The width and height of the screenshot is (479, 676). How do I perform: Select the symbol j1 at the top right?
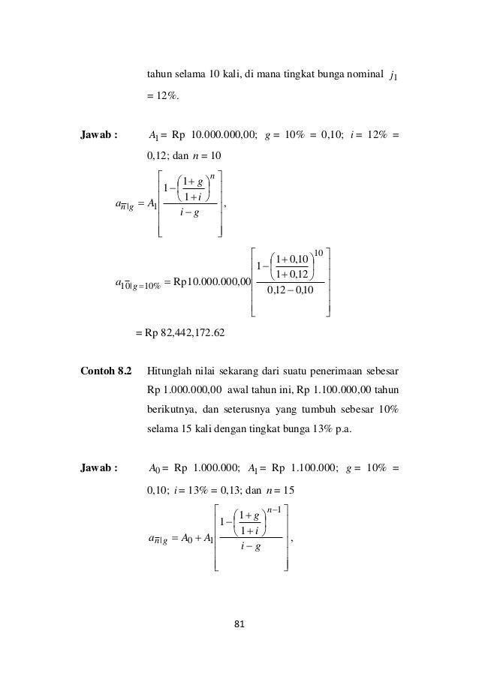[x=393, y=76]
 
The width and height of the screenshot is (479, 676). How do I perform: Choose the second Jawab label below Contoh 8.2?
[x=99, y=469]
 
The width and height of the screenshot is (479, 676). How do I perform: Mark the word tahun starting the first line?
[x=159, y=74]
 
